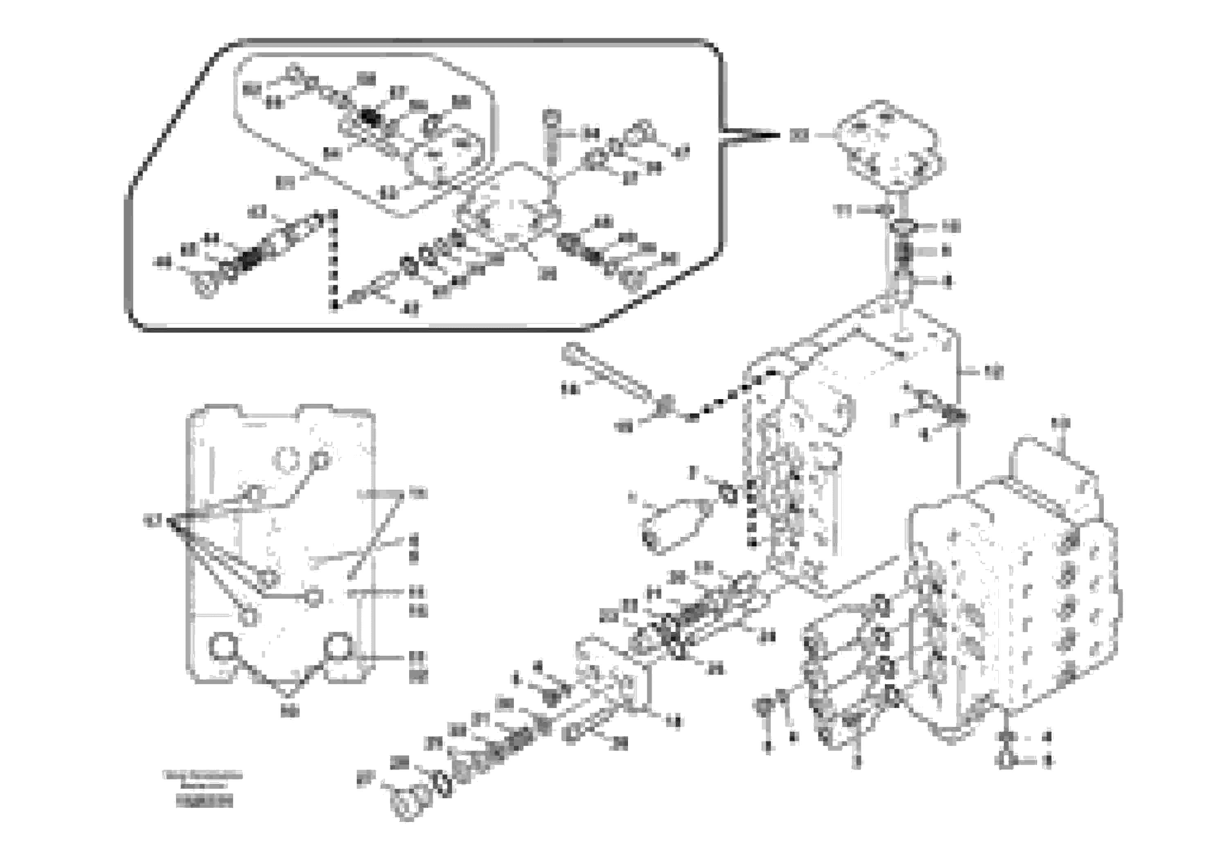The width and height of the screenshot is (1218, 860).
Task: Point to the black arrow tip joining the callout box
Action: point(772,136)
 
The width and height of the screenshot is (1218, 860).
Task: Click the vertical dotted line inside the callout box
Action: point(333,260)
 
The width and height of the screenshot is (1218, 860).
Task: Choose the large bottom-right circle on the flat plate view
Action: point(338,646)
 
